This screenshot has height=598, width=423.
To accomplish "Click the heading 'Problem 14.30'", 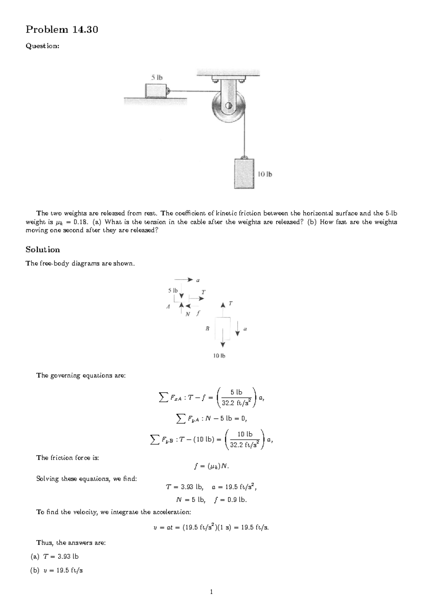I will click(62, 30).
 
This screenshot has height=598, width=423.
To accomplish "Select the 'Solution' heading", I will click(43, 250).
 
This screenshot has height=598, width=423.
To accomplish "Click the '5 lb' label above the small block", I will click(157, 78).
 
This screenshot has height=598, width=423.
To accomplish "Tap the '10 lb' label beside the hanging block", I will click(265, 174).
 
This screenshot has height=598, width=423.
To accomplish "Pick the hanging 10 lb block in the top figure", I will click(244, 173).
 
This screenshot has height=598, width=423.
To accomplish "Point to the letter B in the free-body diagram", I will click(207, 328).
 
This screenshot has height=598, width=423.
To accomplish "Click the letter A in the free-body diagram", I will click(168, 307).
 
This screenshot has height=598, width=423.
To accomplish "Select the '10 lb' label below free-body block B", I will click(219, 356).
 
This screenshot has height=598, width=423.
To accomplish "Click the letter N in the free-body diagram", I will click(188, 314).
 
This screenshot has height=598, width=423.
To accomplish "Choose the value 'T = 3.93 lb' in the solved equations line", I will click(185, 487).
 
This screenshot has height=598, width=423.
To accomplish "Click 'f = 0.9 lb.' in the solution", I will click(231, 500).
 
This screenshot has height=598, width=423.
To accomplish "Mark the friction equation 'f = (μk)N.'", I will click(211, 466).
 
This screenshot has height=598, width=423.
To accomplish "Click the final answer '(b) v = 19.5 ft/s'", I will click(57, 570).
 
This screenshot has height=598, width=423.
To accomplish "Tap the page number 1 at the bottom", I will click(211, 592).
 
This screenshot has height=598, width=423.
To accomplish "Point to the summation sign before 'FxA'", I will click(163, 398).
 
